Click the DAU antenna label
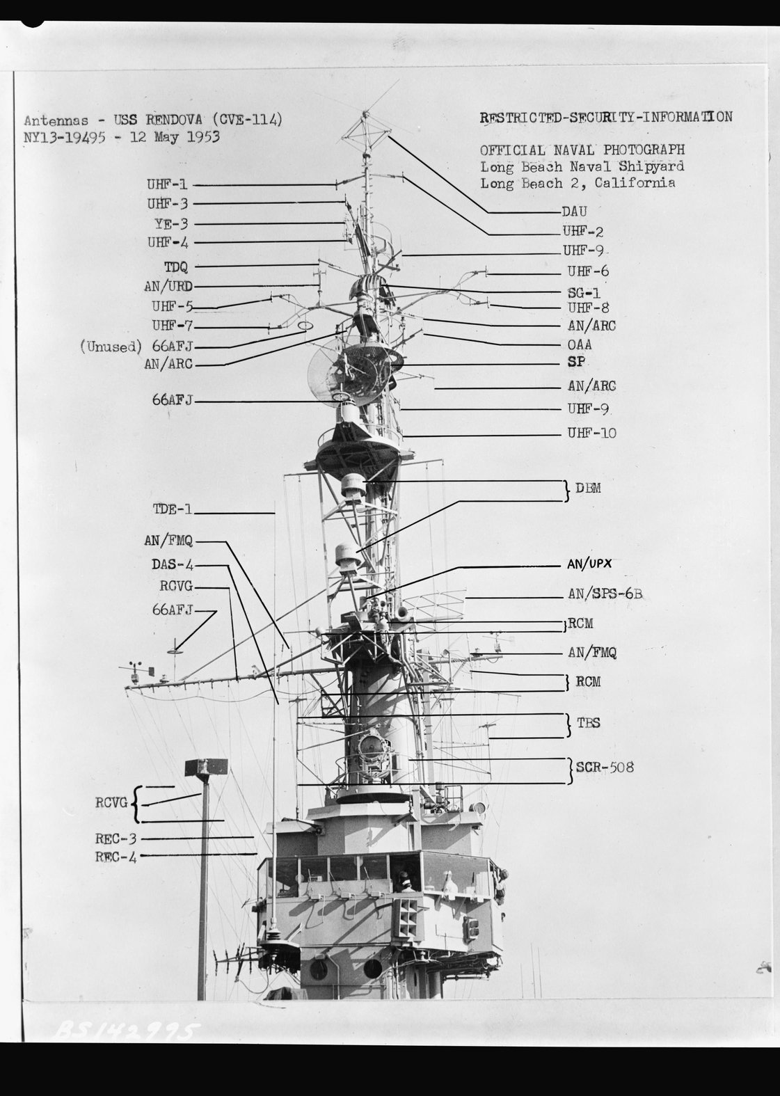pos(574,212)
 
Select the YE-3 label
pos(171,223)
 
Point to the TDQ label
pos(176,267)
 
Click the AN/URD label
pos(168,286)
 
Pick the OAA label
pos(579,344)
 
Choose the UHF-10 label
pos(591,433)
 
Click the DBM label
pos(588,489)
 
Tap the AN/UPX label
pos(589,564)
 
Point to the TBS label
pos(588,723)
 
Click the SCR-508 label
pos(605,768)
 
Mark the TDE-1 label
pos(172,509)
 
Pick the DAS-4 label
pos(172,564)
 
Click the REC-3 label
pos(116,839)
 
